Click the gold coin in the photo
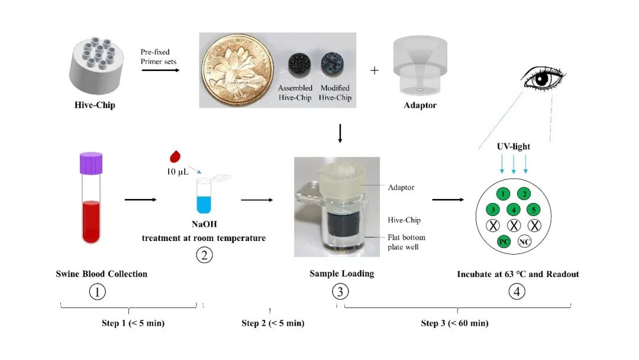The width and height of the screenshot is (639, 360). [238, 70]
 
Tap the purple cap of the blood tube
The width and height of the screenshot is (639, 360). [91, 163]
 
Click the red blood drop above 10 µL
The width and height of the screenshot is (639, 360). [175, 156]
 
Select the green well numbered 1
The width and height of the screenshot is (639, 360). [504, 194]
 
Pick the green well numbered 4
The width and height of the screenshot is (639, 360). [514, 210]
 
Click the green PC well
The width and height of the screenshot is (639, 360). [504, 242]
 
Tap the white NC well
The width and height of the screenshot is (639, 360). [524, 242]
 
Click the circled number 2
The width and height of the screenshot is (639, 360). [204, 255]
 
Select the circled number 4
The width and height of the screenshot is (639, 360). [517, 291]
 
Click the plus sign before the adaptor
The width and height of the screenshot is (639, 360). [374, 70]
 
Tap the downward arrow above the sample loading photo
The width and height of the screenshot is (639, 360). [340, 133]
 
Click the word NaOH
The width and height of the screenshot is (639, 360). [204, 224]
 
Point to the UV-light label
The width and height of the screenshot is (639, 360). [514, 146]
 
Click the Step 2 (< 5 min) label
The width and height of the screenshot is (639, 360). [273, 323]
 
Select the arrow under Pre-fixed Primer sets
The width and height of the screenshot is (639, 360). [160, 70]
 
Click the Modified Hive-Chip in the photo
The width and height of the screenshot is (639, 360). [333, 63]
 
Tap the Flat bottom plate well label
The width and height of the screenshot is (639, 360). [406, 242]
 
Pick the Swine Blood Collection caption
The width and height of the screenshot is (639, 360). [102, 274]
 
